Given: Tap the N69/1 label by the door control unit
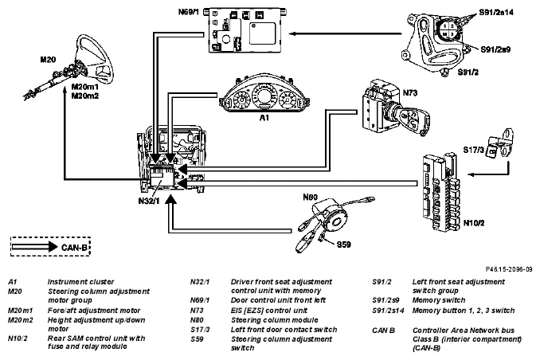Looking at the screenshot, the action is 189,12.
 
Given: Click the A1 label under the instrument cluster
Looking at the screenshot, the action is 264,118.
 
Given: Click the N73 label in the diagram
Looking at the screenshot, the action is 410,93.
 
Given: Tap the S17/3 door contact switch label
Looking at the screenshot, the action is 474,150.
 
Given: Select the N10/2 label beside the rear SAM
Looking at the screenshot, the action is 474,223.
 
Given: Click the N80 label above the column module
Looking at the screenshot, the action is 311,197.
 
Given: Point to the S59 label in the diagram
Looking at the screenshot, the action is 344,245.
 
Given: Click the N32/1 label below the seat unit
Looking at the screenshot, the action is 149,201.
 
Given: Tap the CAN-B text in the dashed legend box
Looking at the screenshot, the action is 74,248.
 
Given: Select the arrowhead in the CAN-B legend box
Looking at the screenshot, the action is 53,247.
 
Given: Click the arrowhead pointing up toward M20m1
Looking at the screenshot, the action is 65,90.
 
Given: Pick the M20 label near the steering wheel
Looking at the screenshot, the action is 48,60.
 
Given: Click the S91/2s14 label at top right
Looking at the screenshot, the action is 496,13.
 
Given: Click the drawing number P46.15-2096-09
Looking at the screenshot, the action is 509,269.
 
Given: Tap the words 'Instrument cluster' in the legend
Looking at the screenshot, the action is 80,282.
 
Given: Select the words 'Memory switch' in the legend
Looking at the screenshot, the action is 439,300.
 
